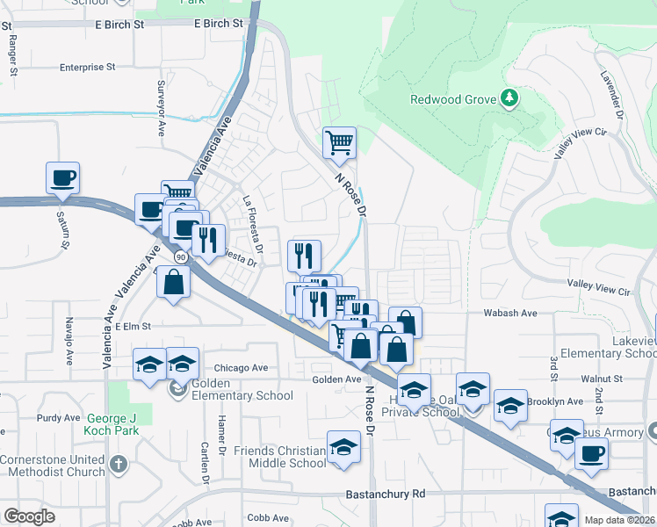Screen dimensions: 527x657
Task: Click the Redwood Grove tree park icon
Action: click(509, 98)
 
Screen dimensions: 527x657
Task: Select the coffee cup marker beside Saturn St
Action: click(62, 178)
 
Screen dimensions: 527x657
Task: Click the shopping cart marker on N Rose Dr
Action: click(339, 142)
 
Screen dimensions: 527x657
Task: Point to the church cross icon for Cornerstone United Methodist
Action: click(120, 465)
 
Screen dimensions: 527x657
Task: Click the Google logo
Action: click(29, 516)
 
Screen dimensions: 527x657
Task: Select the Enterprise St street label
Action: click(87, 67)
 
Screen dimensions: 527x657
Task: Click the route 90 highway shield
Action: click(180, 257)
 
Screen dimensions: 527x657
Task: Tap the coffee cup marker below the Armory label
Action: click(591, 453)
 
